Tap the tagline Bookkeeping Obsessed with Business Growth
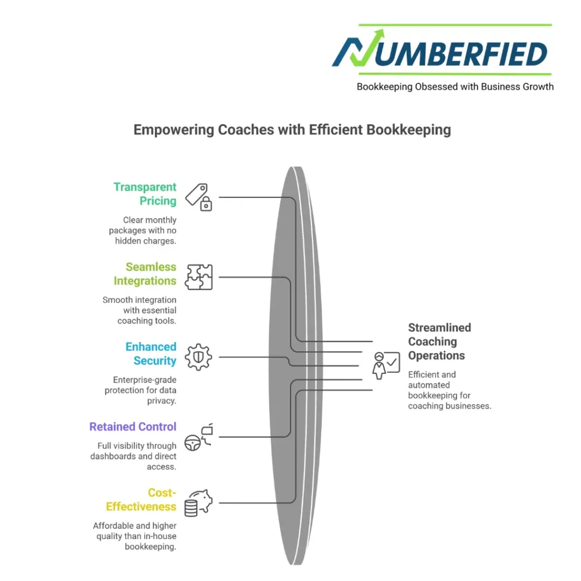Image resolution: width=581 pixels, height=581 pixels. pyautogui.click(x=455, y=87)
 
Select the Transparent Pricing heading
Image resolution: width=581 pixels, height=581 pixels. pyautogui.click(x=145, y=193)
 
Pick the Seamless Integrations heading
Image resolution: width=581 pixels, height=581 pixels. pyautogui.click(x=145, y=273)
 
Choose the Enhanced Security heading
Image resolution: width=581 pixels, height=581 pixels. pyautogui.click(x=151, y=353)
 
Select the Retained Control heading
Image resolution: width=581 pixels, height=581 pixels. pyautogui.click(x=133, y=427)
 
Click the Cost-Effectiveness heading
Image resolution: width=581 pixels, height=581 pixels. pyautogui.click(x=141, y=500)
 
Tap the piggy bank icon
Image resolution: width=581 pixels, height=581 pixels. pyautogui.click(x=198, y=503)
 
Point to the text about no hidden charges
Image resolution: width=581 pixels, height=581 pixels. pyautogui.click(x=143, y=230)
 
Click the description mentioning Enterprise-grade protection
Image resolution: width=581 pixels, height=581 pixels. pyautogui.click(x=141, y=390)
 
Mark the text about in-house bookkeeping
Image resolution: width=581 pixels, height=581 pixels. pyautogui.click(x=135, y=536)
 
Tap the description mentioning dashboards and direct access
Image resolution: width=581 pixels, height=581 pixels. pyautogui.click(x=134, y=456)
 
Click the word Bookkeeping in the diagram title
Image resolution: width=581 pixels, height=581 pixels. pyautogui.click(x=409, y=130)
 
